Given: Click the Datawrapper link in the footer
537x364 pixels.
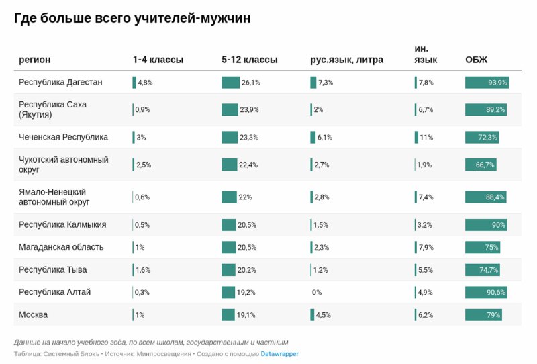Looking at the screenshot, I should click(279, 353).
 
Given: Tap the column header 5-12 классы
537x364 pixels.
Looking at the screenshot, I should click(249, 60).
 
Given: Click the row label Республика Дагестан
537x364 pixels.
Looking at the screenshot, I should click(60, 82).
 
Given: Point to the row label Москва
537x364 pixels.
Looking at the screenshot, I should click(33, 314).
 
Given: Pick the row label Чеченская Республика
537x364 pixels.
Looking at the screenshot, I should click(63, 137).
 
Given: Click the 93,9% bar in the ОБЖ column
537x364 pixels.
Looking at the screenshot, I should click(487, 82).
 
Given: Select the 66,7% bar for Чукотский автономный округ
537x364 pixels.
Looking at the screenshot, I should click(481, 165).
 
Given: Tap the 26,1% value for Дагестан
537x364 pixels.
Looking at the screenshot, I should click(251, 83).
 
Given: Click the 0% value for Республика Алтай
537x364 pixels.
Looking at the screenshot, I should click(317, 293).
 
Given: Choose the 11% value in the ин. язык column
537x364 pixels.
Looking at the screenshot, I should click(426, 138).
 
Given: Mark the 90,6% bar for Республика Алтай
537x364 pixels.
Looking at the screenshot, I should click(486, 292).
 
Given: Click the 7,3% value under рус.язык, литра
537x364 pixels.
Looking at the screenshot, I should click(326, 83).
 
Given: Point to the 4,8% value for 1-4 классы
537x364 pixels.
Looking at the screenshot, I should click(146, 83).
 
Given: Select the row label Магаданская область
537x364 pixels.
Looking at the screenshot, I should click(61, 246).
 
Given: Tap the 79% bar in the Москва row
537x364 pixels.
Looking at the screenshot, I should click(483, 314).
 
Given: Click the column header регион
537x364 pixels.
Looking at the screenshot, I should click(34, 60).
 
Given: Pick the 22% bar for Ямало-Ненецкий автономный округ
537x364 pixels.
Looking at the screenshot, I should click(229, 197).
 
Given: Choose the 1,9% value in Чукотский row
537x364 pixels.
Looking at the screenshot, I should click(424, 165).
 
